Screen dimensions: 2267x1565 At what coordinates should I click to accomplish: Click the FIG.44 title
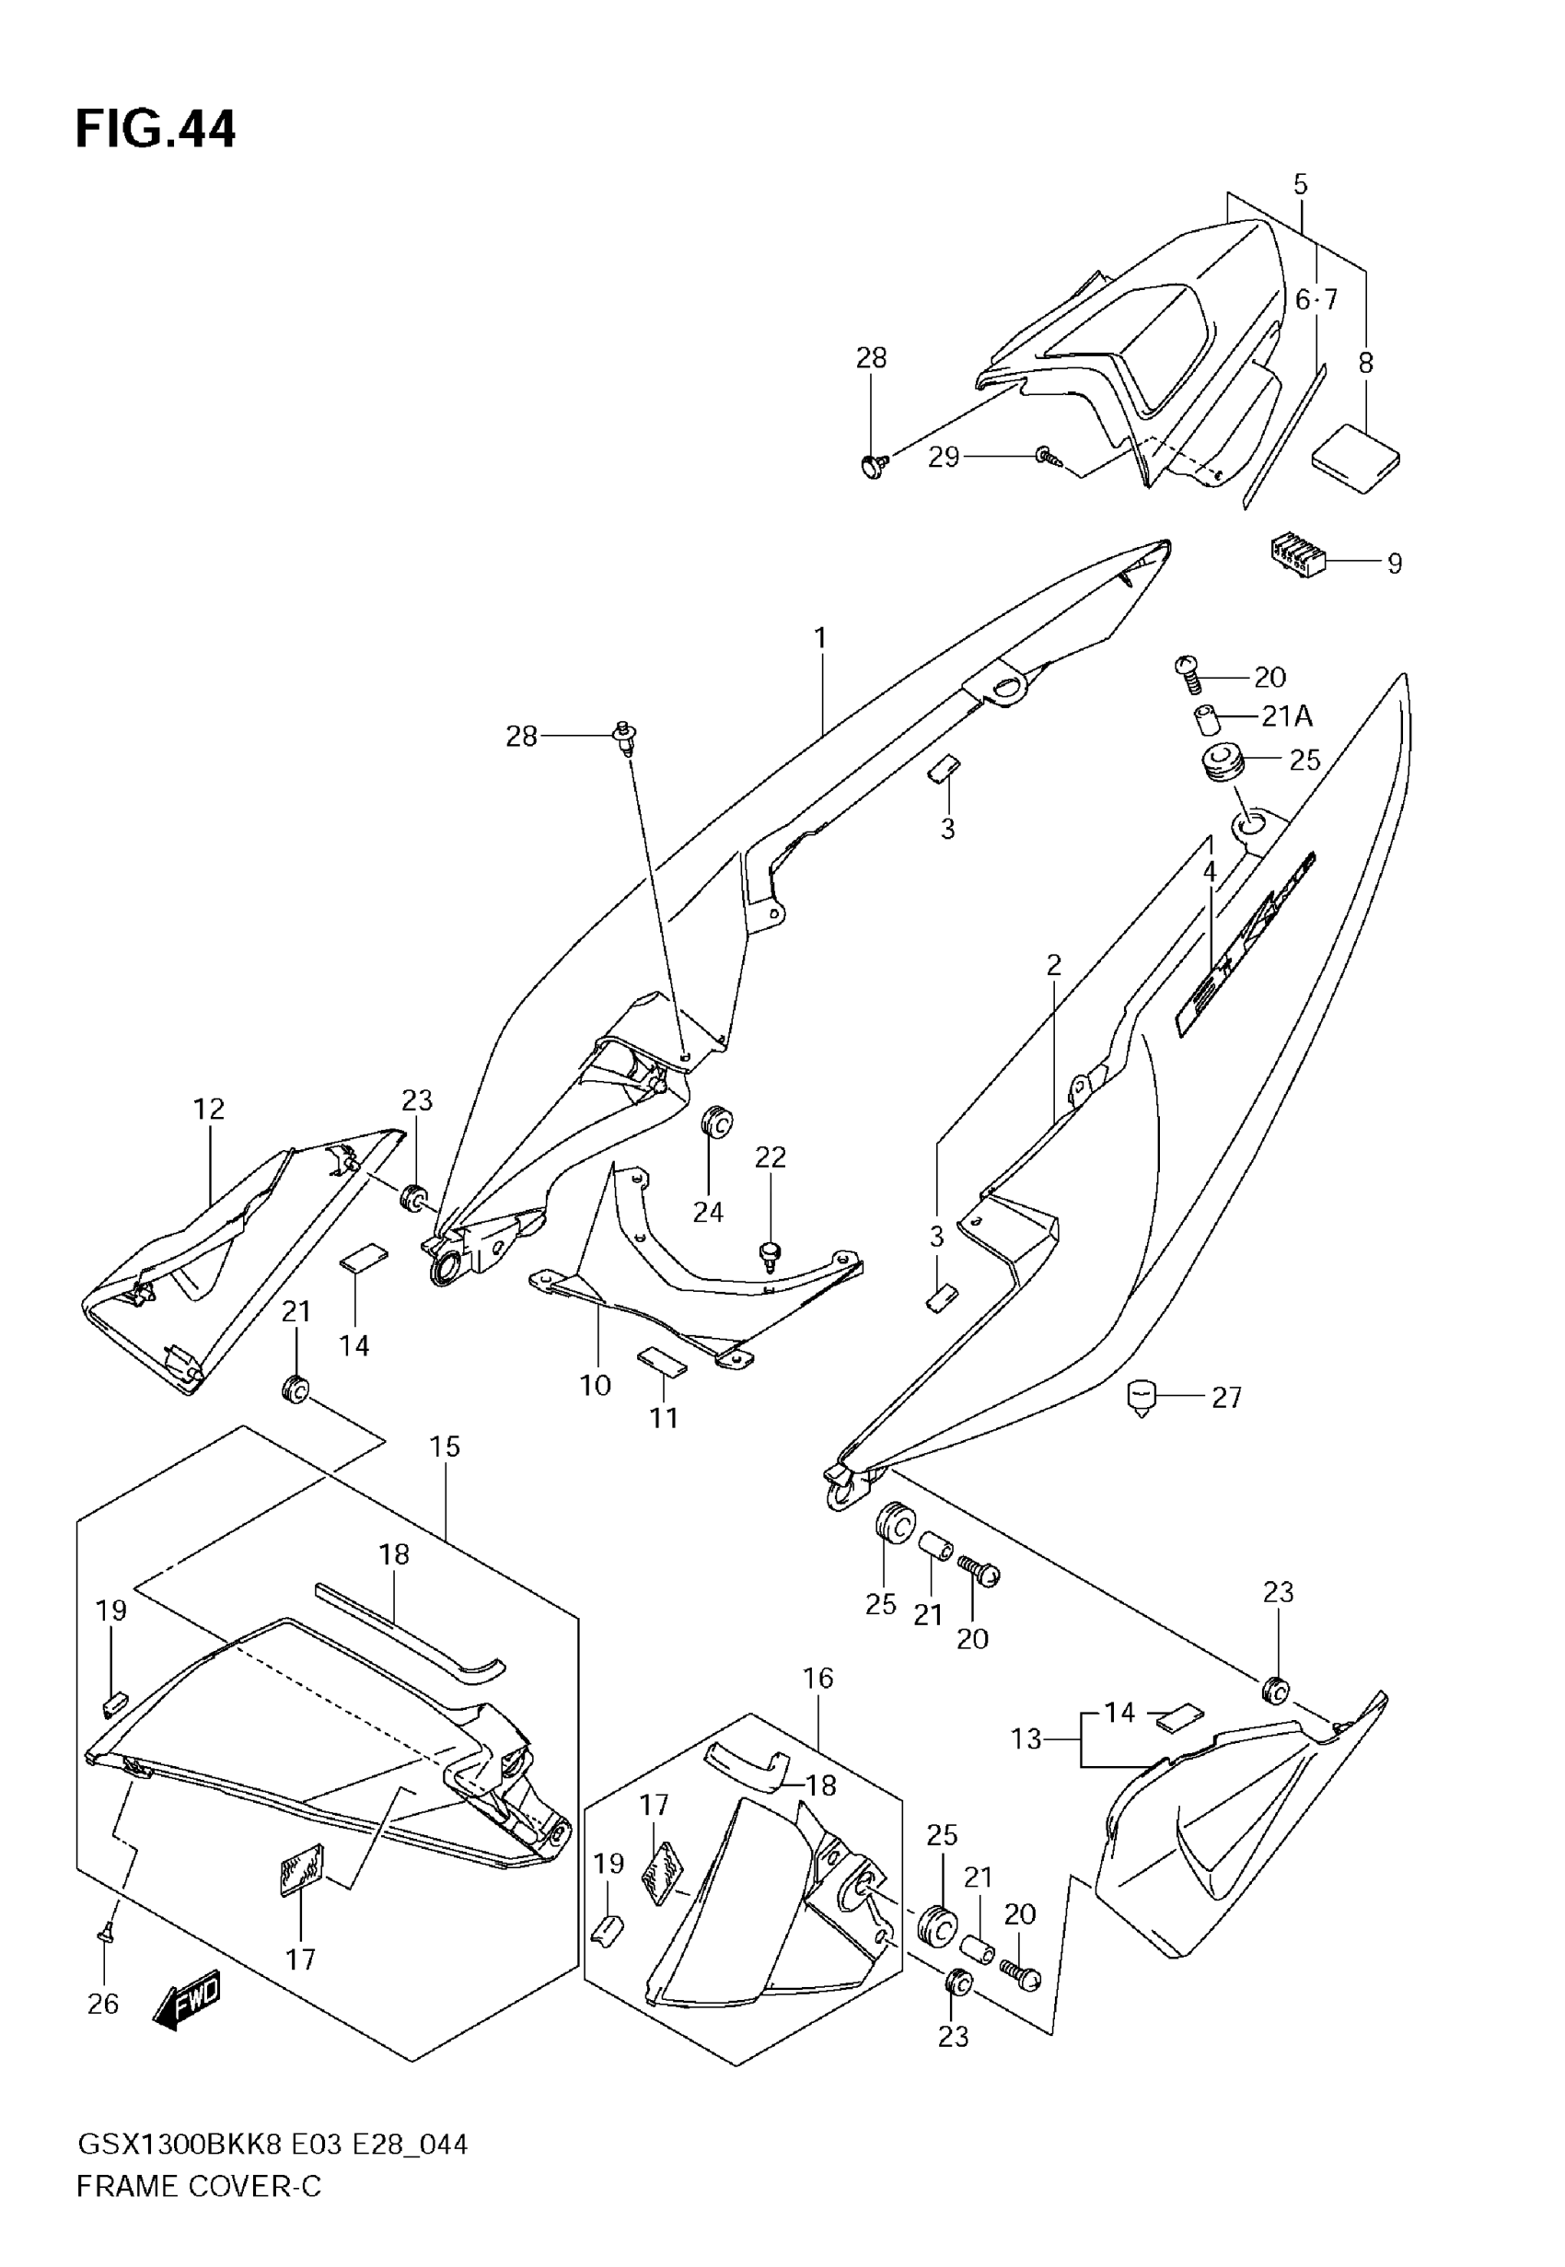(155, 131)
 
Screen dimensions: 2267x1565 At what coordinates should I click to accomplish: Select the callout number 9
(1394, 564)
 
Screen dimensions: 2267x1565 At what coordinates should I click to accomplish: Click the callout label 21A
(1286, 716)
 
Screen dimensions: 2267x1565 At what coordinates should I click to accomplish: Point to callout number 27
(1227, 1396)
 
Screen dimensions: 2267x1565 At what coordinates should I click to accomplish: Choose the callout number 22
(770, 1157)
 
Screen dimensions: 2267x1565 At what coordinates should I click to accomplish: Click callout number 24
(708, 1213)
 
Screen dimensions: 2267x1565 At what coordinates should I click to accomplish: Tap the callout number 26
(103, 2005)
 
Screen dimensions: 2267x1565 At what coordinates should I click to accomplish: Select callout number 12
(209, 1109)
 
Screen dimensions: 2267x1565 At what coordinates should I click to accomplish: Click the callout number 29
(944, 458)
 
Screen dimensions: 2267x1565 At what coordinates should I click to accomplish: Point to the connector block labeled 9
(1293, 555)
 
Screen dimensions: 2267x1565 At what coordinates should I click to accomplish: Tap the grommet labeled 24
(719, 1122)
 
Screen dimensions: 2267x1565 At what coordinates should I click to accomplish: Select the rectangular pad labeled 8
(1356, 458)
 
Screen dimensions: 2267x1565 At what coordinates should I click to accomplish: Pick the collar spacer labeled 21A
(1205, 719)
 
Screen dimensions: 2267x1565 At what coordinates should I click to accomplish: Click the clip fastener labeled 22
(769, 1254)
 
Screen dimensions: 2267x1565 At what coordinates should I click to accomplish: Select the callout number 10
(596, 1386)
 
